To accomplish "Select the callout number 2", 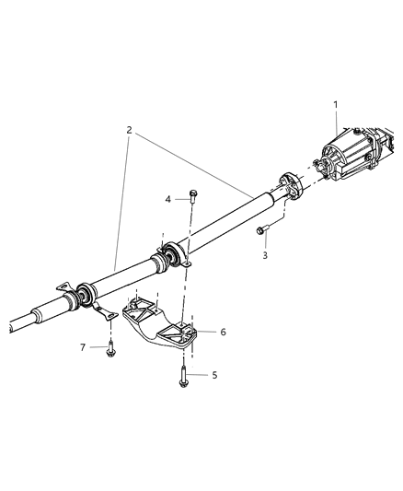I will point(129,132).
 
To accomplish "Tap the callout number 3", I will point(264,255).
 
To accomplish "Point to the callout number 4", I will point(167,198).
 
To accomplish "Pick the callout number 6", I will point(222,331).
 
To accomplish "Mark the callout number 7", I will point(82,346).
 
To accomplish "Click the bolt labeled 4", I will point(193,195).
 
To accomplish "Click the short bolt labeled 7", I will point(110,345).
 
